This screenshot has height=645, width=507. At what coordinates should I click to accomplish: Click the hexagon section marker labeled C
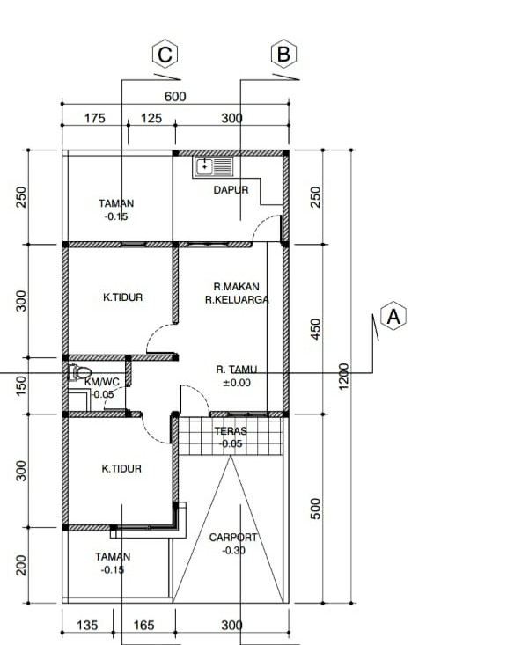165,54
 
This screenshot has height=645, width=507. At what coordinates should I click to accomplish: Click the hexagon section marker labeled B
284,54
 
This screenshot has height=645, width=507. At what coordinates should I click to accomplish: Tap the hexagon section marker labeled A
393,316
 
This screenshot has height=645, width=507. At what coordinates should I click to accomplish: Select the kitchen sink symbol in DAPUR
213,166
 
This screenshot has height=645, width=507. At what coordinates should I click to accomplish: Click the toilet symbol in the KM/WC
79,373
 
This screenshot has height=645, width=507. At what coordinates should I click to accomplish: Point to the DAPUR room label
231,190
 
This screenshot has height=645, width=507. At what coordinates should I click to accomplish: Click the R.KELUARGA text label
237,300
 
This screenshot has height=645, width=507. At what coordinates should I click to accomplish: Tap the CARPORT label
233,538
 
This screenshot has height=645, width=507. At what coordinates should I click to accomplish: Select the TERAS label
231,431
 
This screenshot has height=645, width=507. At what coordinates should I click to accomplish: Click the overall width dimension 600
175,97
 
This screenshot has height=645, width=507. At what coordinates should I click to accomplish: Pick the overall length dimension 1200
343,376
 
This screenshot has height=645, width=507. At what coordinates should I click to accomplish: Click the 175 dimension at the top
95,119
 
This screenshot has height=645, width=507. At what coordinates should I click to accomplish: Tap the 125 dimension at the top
151,119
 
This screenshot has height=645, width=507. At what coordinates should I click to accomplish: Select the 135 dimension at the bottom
87,626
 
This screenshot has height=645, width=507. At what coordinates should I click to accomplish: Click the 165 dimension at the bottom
143,626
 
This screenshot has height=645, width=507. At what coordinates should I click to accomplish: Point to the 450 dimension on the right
315,329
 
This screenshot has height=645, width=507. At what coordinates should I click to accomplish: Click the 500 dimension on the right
315,509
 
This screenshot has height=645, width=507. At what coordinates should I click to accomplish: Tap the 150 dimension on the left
21,385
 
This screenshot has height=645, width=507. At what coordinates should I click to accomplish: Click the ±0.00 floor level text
237,383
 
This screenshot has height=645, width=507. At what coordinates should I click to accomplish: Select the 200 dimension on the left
21,565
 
